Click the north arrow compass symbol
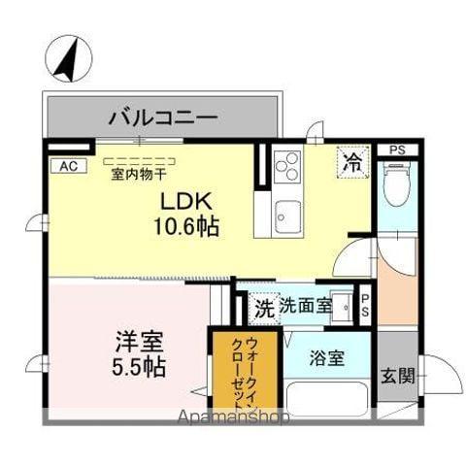pyautogui.click(x=65, y=58)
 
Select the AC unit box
pyautogui.click(x=68, y=166)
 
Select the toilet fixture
pyautogui.click(x=396, y=185)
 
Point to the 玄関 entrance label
pyautogui.click(x=395, y=374)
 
